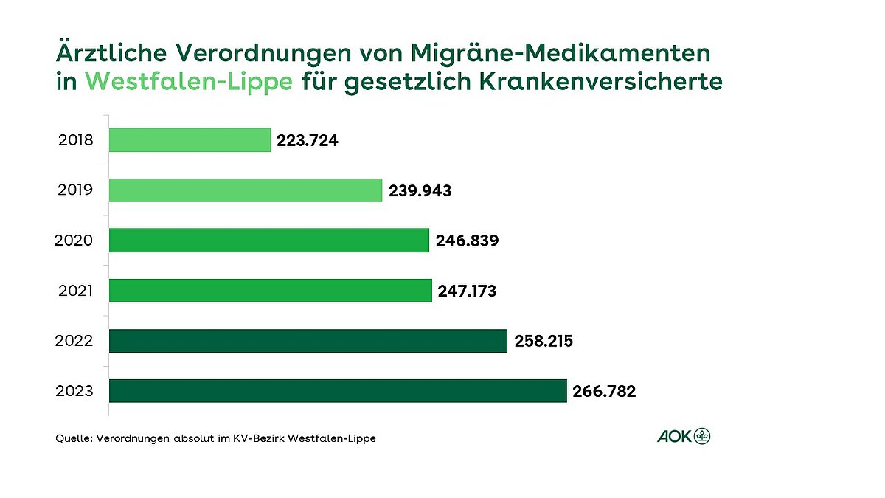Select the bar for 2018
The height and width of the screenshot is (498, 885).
click(190, 139)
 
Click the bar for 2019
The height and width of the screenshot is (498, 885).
click(246, 190)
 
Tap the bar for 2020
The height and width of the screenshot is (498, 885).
click(269, 240)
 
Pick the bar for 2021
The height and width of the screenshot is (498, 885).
click(271, 290)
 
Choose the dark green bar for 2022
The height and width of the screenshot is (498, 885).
click(308, 340)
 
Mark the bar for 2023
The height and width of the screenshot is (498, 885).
click(338, 390)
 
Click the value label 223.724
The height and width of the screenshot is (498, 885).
click(308, 140)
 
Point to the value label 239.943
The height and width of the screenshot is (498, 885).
click(419, 190)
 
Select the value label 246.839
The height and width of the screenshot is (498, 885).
click(466, 241)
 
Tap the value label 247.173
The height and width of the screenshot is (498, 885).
click(468, 291)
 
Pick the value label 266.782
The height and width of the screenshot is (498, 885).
click(603, 391)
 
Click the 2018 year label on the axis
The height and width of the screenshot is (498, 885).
click(75, 139)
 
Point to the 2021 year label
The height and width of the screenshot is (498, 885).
click(75, 290)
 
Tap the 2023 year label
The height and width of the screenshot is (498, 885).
click(75, 390)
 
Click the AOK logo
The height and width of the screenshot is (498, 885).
click(684, 437)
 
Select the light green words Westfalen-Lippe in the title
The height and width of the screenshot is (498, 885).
click(190, 82)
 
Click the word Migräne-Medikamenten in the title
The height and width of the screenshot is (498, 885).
click(560, 53)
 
